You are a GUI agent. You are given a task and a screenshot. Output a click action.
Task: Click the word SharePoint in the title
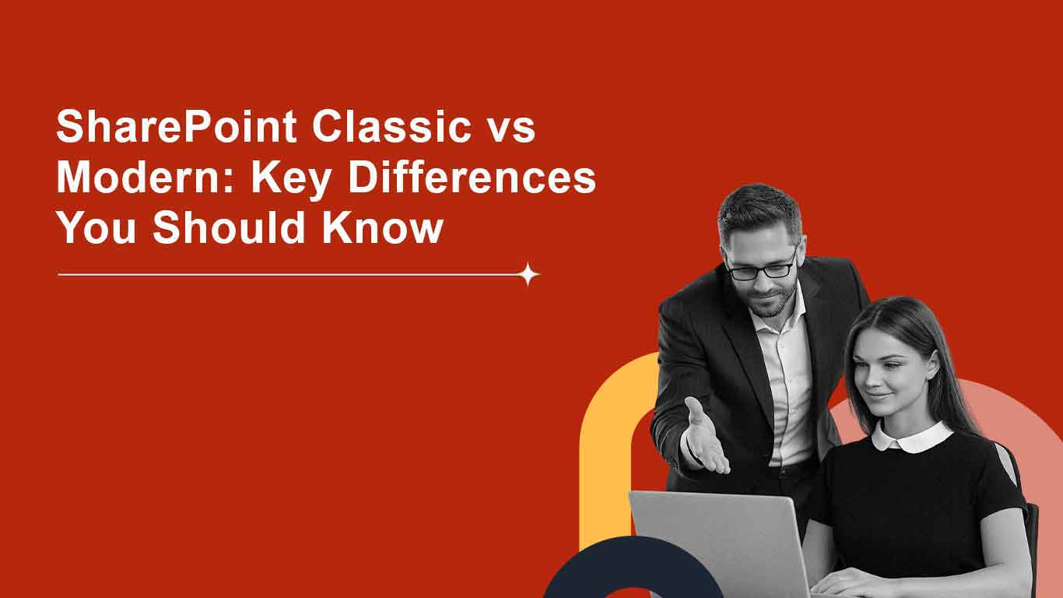(x=176, y=127)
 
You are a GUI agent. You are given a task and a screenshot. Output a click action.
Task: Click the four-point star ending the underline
(x=529, y=274)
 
